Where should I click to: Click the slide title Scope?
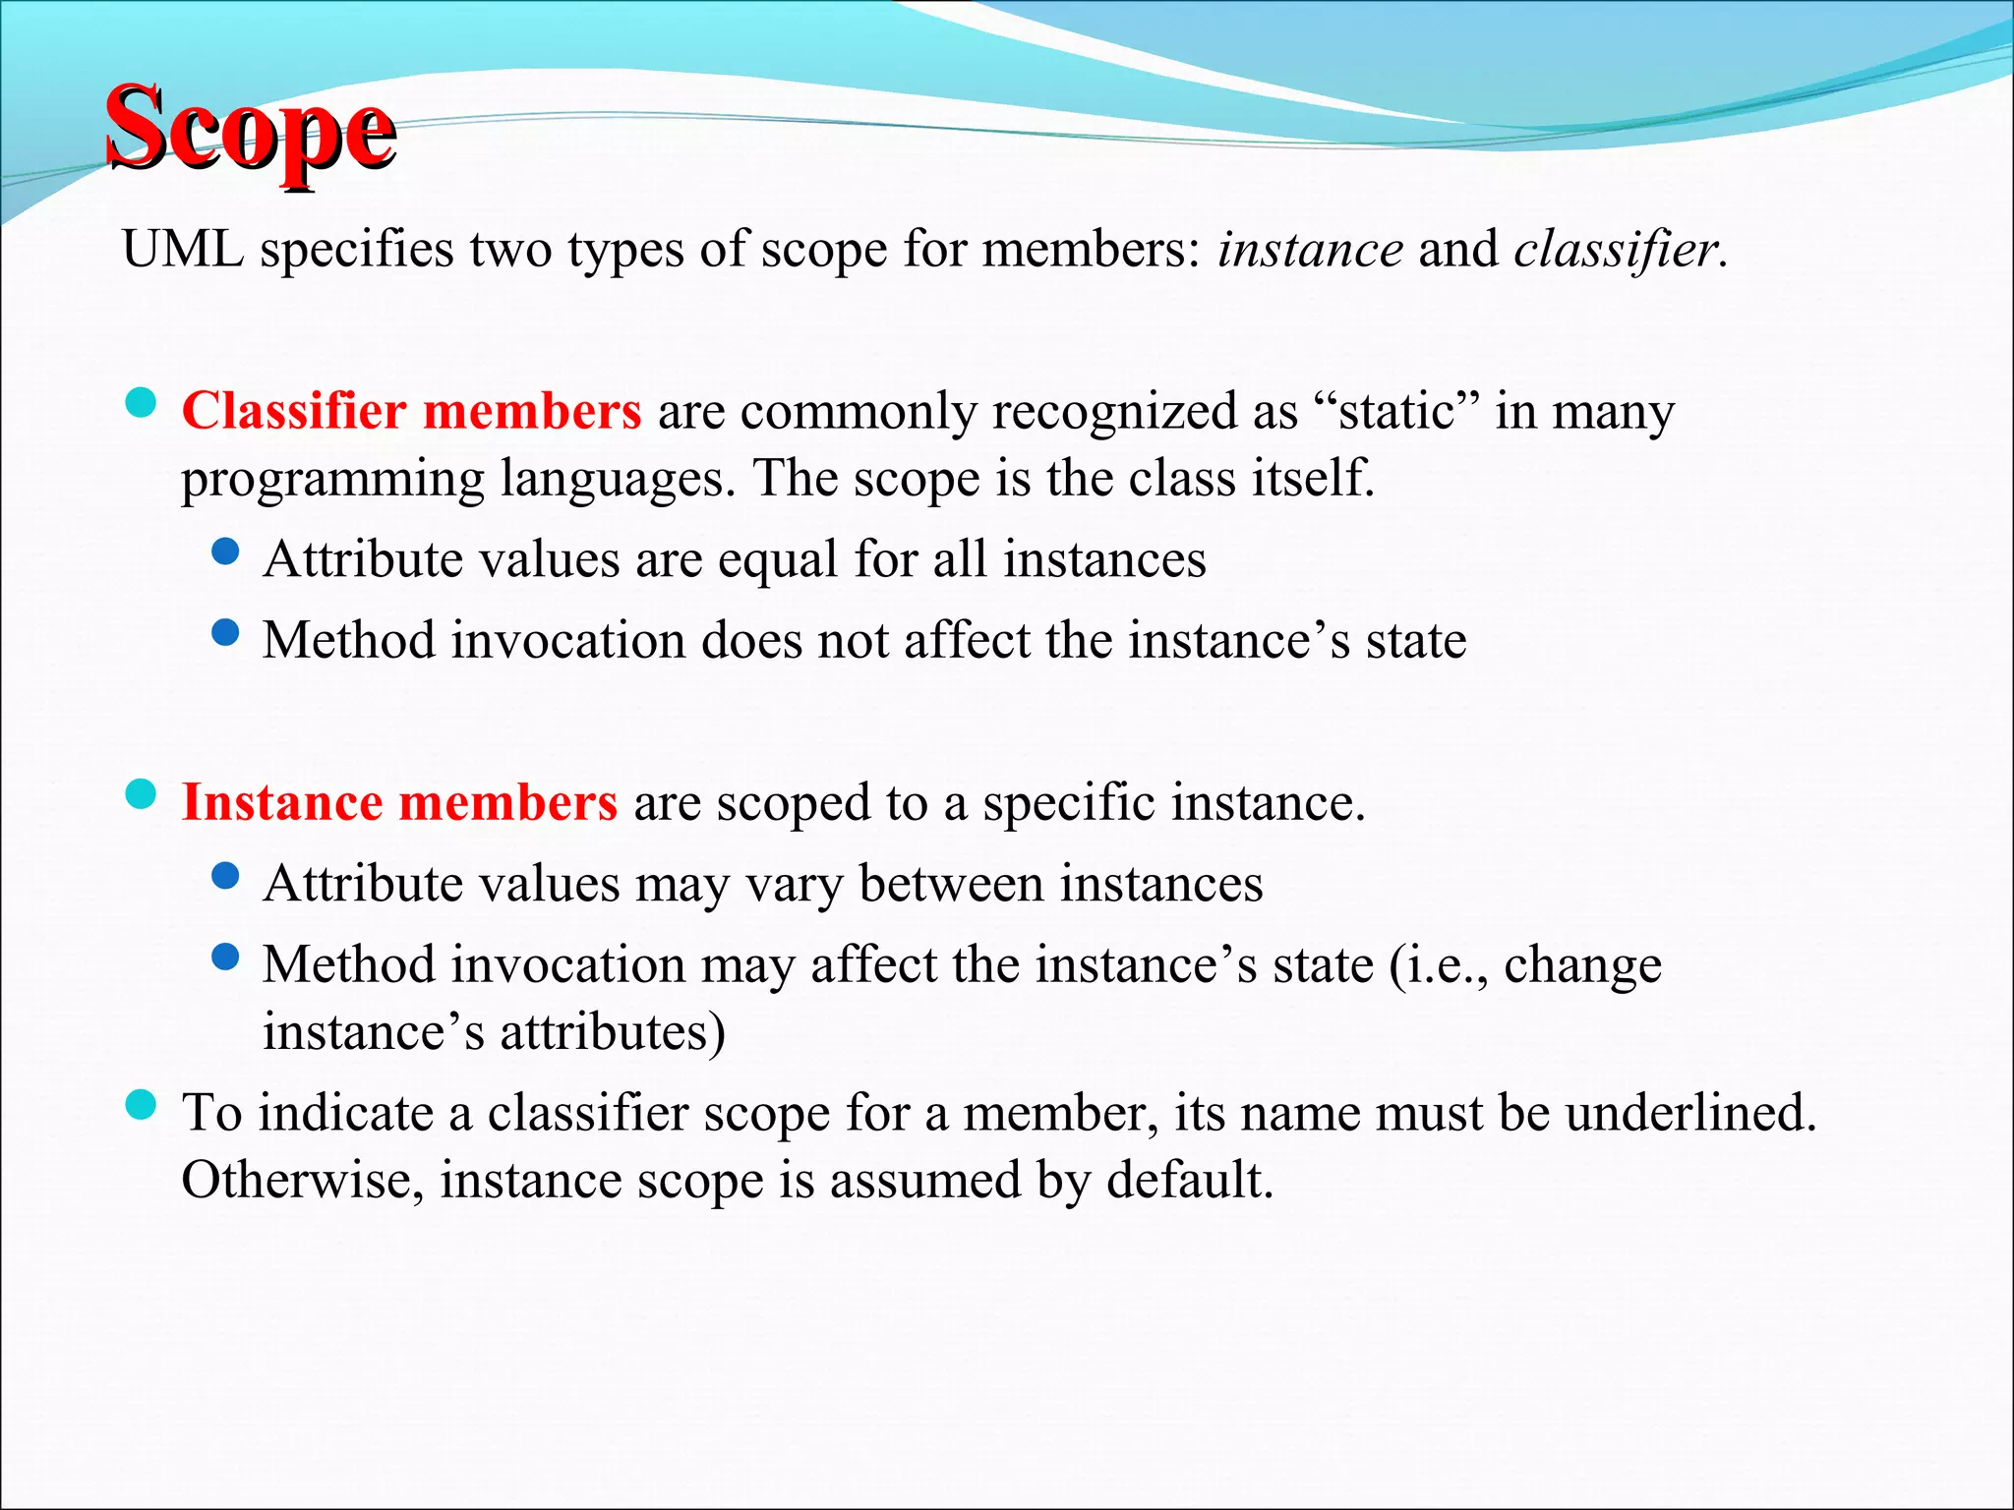[x=251, y=131]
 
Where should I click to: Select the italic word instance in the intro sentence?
[x=1310, y=249]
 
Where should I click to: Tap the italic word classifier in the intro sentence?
[x=1616, y=249]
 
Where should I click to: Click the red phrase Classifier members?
[x=411, y=411]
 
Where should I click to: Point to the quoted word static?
[x=1396, y=411]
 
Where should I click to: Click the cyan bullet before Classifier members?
[x=142, y=403]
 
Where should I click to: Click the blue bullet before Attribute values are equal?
[x=225, y=552]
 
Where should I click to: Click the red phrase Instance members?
[x=399, y=802]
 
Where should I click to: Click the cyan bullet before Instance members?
[x=142, y=794]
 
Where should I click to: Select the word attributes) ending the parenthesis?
[x=612, y=1032]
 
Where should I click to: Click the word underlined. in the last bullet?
[x=1690, y=1113]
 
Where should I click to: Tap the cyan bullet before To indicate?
[x=142, y=1105]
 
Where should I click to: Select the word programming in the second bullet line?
[x=332, y=480]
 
